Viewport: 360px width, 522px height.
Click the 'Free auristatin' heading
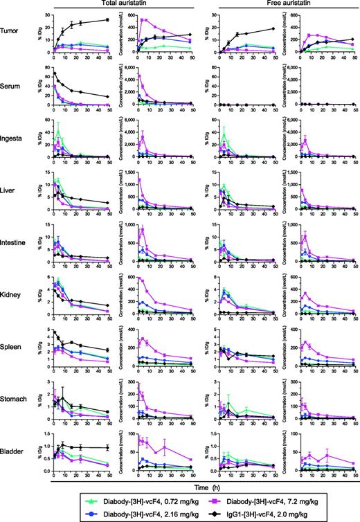tap(277, 5)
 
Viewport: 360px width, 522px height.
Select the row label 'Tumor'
tap(12, 32)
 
